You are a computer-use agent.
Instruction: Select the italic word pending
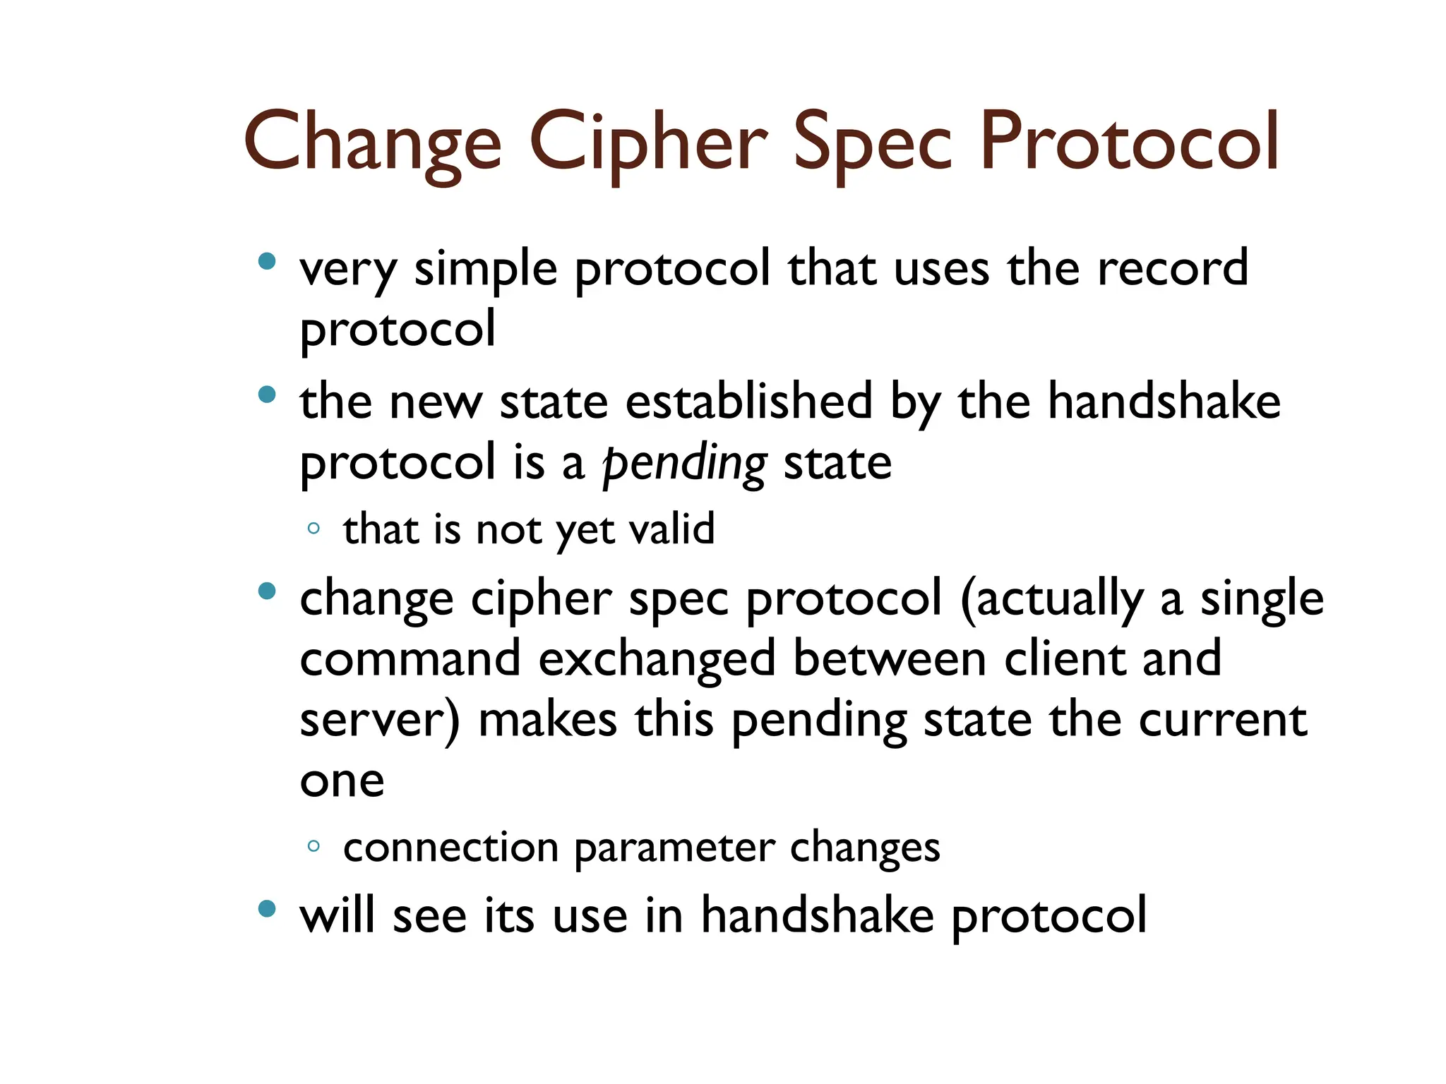point(683,464)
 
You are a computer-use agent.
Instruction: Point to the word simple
point(486,270)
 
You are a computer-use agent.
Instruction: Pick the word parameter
point(674,848)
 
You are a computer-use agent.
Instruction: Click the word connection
point(450,847)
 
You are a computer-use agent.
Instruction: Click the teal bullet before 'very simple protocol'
point(267,262)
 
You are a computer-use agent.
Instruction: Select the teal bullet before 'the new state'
point(267,395)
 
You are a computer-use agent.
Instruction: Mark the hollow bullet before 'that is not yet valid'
point(314,529)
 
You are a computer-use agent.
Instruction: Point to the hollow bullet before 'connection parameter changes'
point(314,846)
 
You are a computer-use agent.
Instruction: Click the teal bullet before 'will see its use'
point(267,909)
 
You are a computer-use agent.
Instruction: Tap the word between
point(889,658)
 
